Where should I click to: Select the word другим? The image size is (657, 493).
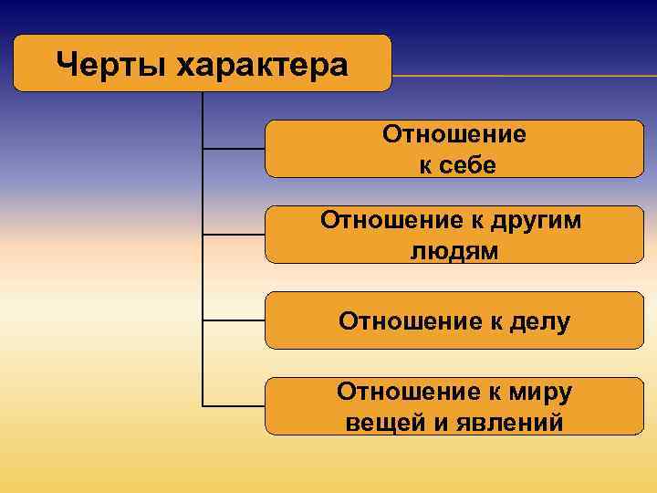[x=537, y=220]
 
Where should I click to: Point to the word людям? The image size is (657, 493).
[x=454, y=251]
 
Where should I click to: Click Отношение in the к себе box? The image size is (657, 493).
[x=454, y=134]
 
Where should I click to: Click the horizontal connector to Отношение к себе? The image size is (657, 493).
[x=233, y=148]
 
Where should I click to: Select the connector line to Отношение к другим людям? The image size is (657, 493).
[x=233, y=235]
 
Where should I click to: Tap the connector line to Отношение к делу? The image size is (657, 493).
[x=233, y=320]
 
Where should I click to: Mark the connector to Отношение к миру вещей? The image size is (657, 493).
[x=233, y=405]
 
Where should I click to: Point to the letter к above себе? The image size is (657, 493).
[x=425, y=165]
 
